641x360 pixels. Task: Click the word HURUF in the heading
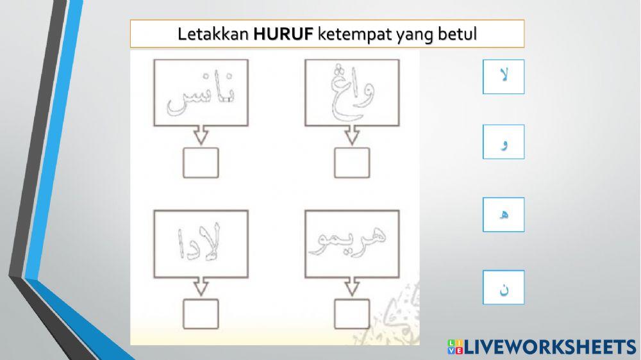283,34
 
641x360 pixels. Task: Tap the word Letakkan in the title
214,34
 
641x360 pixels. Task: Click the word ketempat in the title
348,34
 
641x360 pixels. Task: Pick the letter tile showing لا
503,77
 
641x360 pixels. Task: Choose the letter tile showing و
503,142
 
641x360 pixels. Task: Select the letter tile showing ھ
503,215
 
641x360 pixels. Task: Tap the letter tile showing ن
503,288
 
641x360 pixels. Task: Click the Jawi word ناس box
201,92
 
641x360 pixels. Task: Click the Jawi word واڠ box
351,92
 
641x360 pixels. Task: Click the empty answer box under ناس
201,163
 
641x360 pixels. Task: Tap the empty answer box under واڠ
351,163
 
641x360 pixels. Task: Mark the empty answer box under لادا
201,313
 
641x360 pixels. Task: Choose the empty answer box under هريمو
351,313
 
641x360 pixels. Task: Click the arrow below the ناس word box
201,136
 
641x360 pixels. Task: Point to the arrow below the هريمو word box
351,286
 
